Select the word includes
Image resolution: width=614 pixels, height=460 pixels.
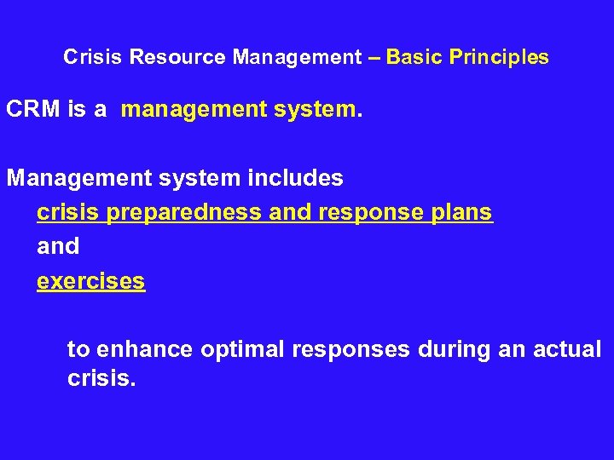(294, 178)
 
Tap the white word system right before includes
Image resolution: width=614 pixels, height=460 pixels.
(199, 178)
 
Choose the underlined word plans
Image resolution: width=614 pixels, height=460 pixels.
(461, 212)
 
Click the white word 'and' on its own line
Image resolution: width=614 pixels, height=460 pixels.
(58, 246)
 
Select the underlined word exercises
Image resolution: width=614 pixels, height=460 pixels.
(90, 280)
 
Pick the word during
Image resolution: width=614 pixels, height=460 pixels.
(449, 349)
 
